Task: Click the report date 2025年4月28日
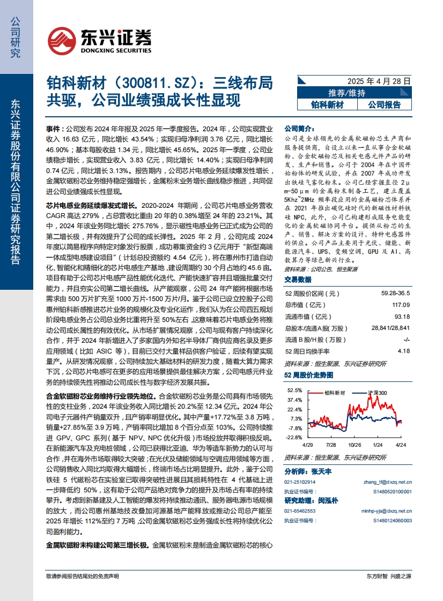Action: [x=379, y=81]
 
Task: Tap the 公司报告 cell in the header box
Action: [x=384, y=104]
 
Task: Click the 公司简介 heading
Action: [x=298, y=129]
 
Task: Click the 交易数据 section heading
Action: [x=298, y=279]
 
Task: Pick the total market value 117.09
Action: [x=401, y=305]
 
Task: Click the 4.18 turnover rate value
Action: [x=404, y=351]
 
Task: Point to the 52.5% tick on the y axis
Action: [x=295, y=390]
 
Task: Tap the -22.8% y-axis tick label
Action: [x=295, y=438]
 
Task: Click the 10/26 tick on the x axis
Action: [x=355, y=445]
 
